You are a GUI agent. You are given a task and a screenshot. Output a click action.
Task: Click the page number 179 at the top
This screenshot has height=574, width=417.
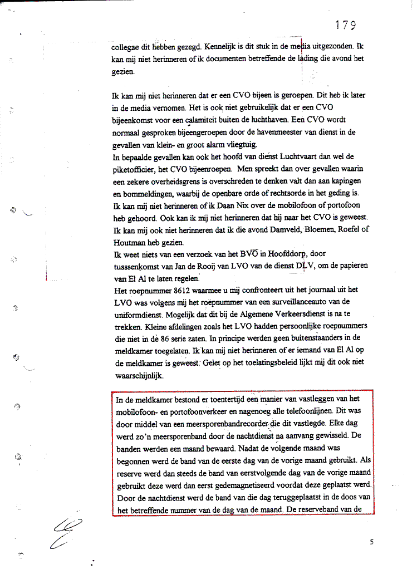tap(346, 25)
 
